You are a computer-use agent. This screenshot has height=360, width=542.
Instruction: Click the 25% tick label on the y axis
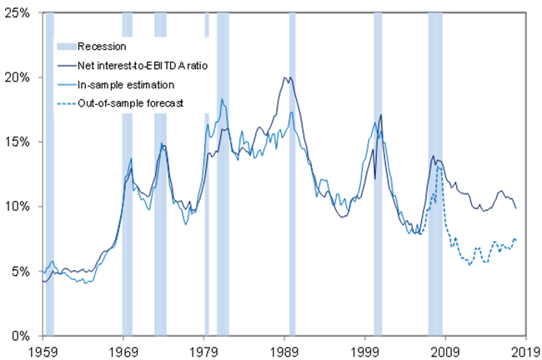(x=17, y=12)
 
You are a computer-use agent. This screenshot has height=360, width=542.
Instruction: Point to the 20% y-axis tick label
(x=17, y=77)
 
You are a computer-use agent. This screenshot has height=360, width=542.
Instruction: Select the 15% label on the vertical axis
(x=17, y=142)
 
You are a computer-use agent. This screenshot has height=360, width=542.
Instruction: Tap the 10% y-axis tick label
(x=17, y=207)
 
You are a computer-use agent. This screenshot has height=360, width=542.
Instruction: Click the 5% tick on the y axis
(x=19, y=272)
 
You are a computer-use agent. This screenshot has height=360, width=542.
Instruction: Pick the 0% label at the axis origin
(x=19, y=336)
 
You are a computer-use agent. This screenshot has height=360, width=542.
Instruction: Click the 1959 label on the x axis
(x=43, y=351)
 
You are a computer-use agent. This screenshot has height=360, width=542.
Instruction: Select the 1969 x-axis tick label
(x=123, y=351)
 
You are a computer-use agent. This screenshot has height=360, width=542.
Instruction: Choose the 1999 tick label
(x=365, y=351)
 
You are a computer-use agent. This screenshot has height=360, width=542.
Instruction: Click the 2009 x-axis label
(x=445, y=351)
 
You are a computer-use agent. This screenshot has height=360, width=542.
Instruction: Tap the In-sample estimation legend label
(x=116, y=84)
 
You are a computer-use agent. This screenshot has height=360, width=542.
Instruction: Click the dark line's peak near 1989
(x=286, y=77)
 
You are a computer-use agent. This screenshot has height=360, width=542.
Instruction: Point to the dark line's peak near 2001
(x=381, y=115)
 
